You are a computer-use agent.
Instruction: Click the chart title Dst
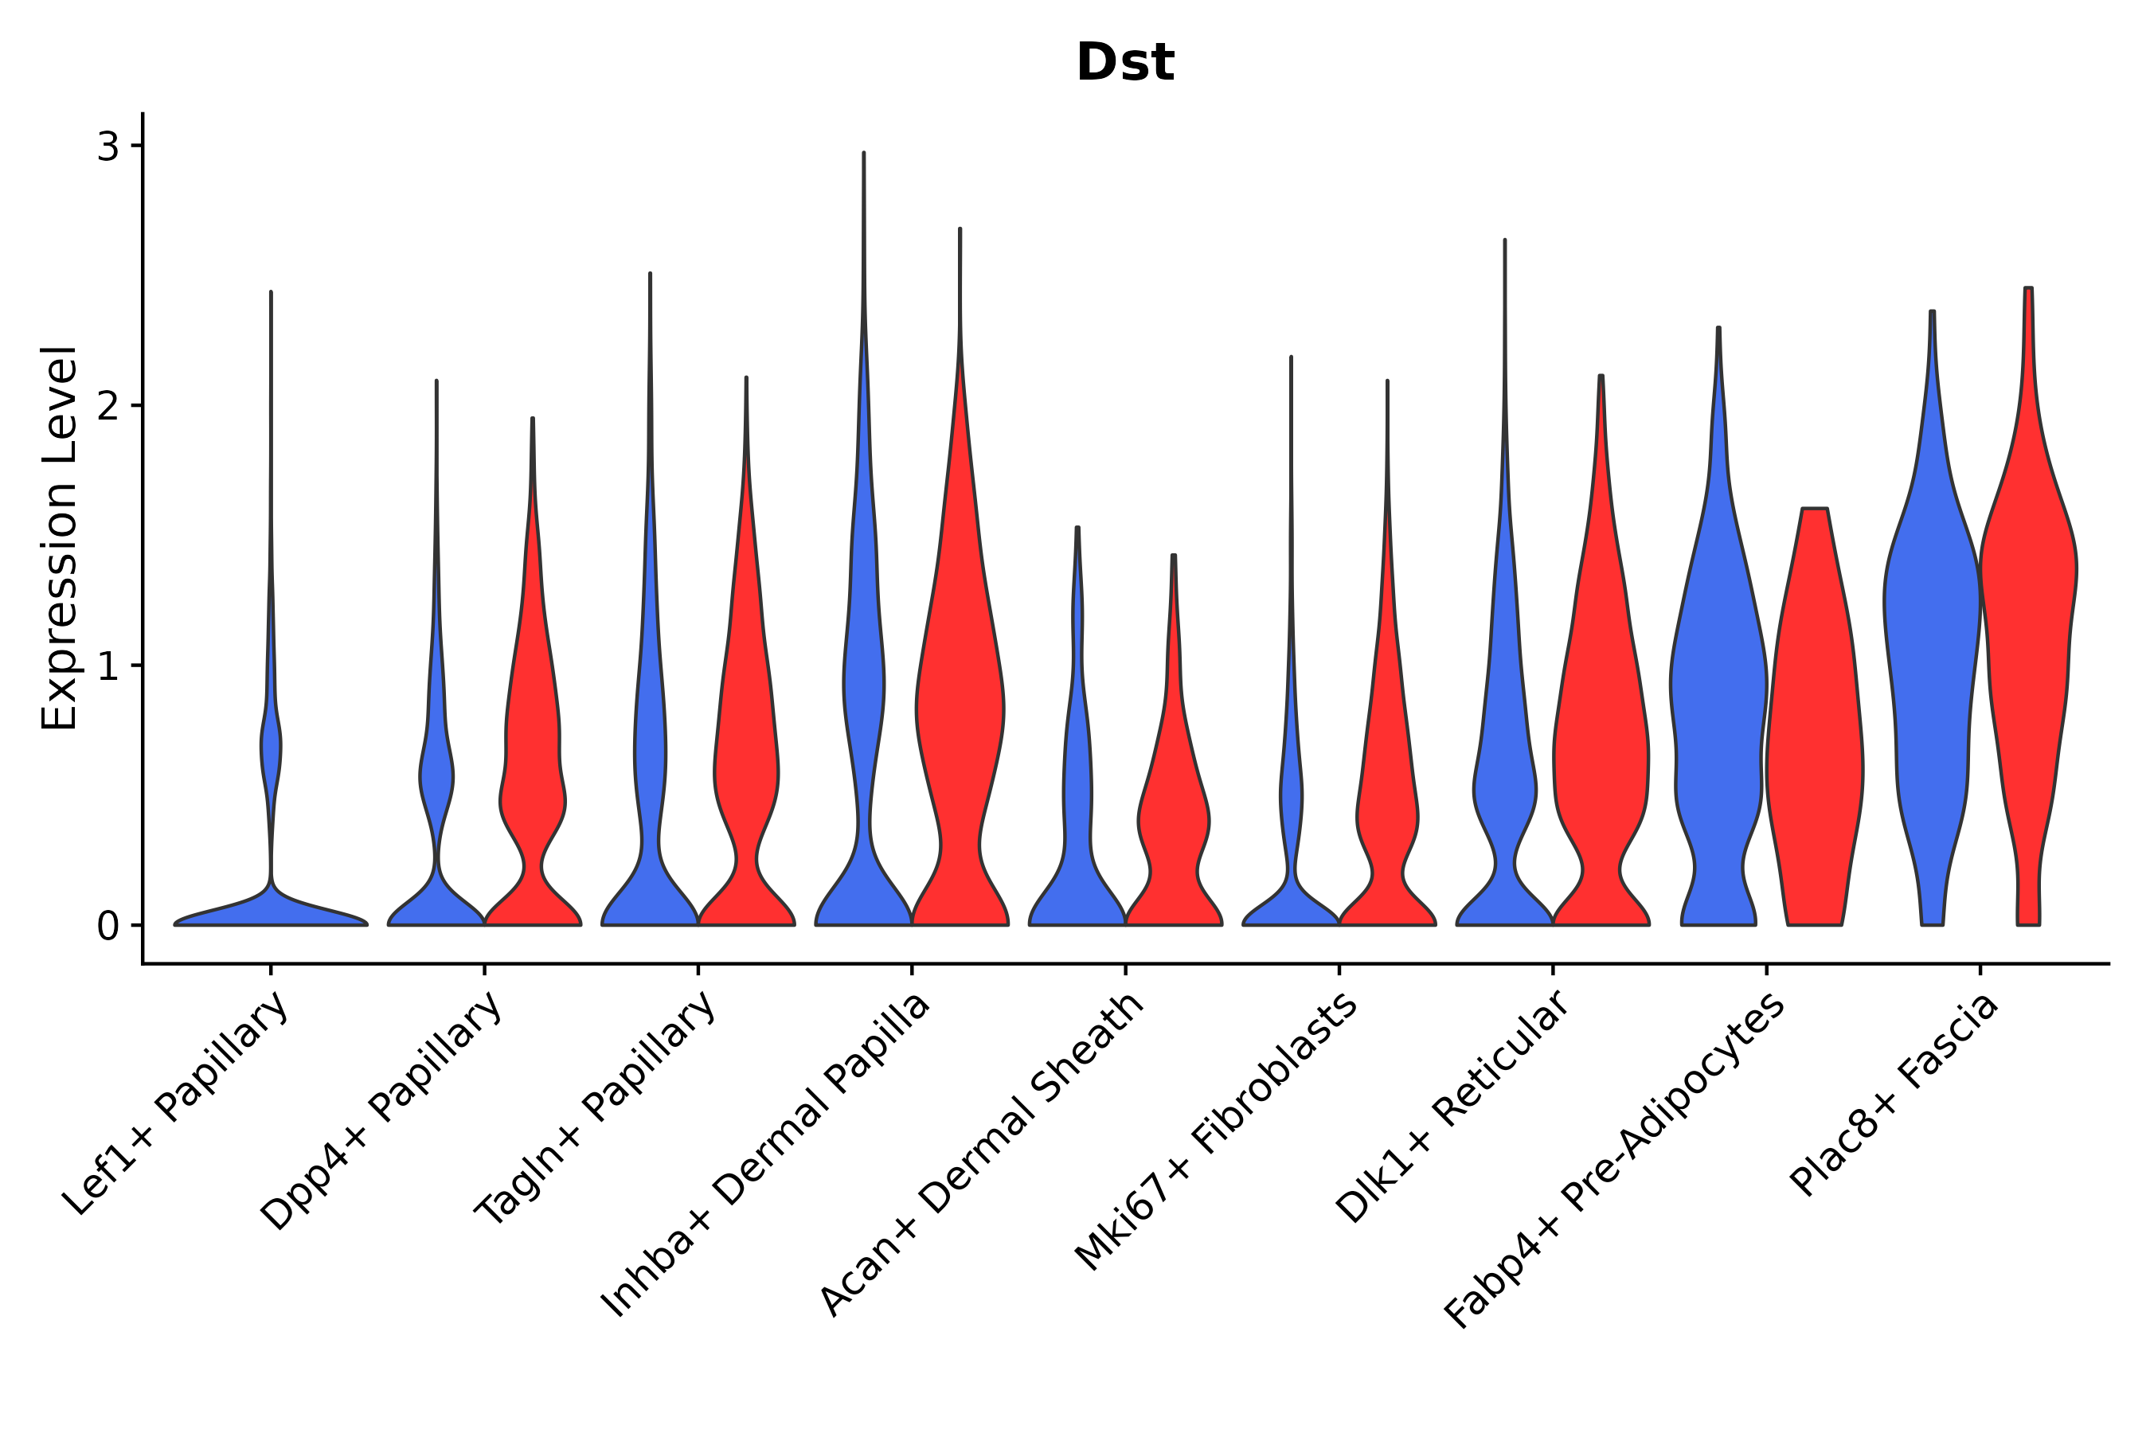(1124, 63)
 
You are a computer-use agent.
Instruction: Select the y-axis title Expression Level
(60, 538)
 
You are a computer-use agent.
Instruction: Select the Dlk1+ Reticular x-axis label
(1453, 1107)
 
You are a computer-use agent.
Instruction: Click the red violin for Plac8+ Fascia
(2027, 640)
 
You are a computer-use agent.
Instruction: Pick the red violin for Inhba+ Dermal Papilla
(960, 713)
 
